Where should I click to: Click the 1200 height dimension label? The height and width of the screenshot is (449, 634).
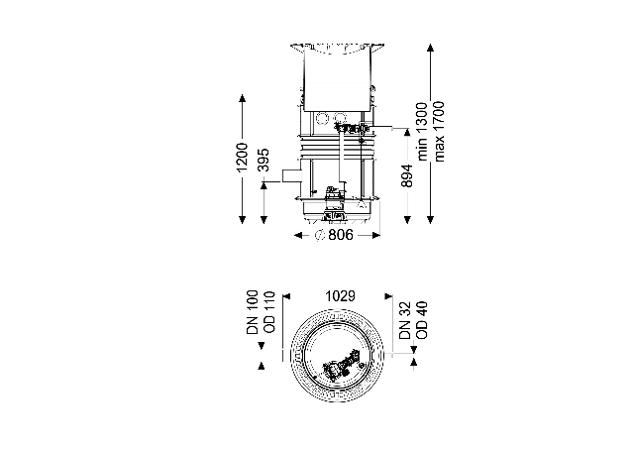[242, 157]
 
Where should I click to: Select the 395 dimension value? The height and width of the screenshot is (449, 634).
[264, 161]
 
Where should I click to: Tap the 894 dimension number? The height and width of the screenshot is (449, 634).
[407, 176]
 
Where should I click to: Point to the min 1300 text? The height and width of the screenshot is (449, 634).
[422, 132]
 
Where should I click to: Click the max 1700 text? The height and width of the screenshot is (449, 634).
[439, 132]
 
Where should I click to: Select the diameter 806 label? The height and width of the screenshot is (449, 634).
[334, 235]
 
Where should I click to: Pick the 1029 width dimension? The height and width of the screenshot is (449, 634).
[341, 296]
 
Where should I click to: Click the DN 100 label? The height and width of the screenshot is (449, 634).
[253, 312]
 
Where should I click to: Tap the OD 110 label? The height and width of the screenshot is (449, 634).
[268, 312]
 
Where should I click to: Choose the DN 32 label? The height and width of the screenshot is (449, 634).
[405, 320]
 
